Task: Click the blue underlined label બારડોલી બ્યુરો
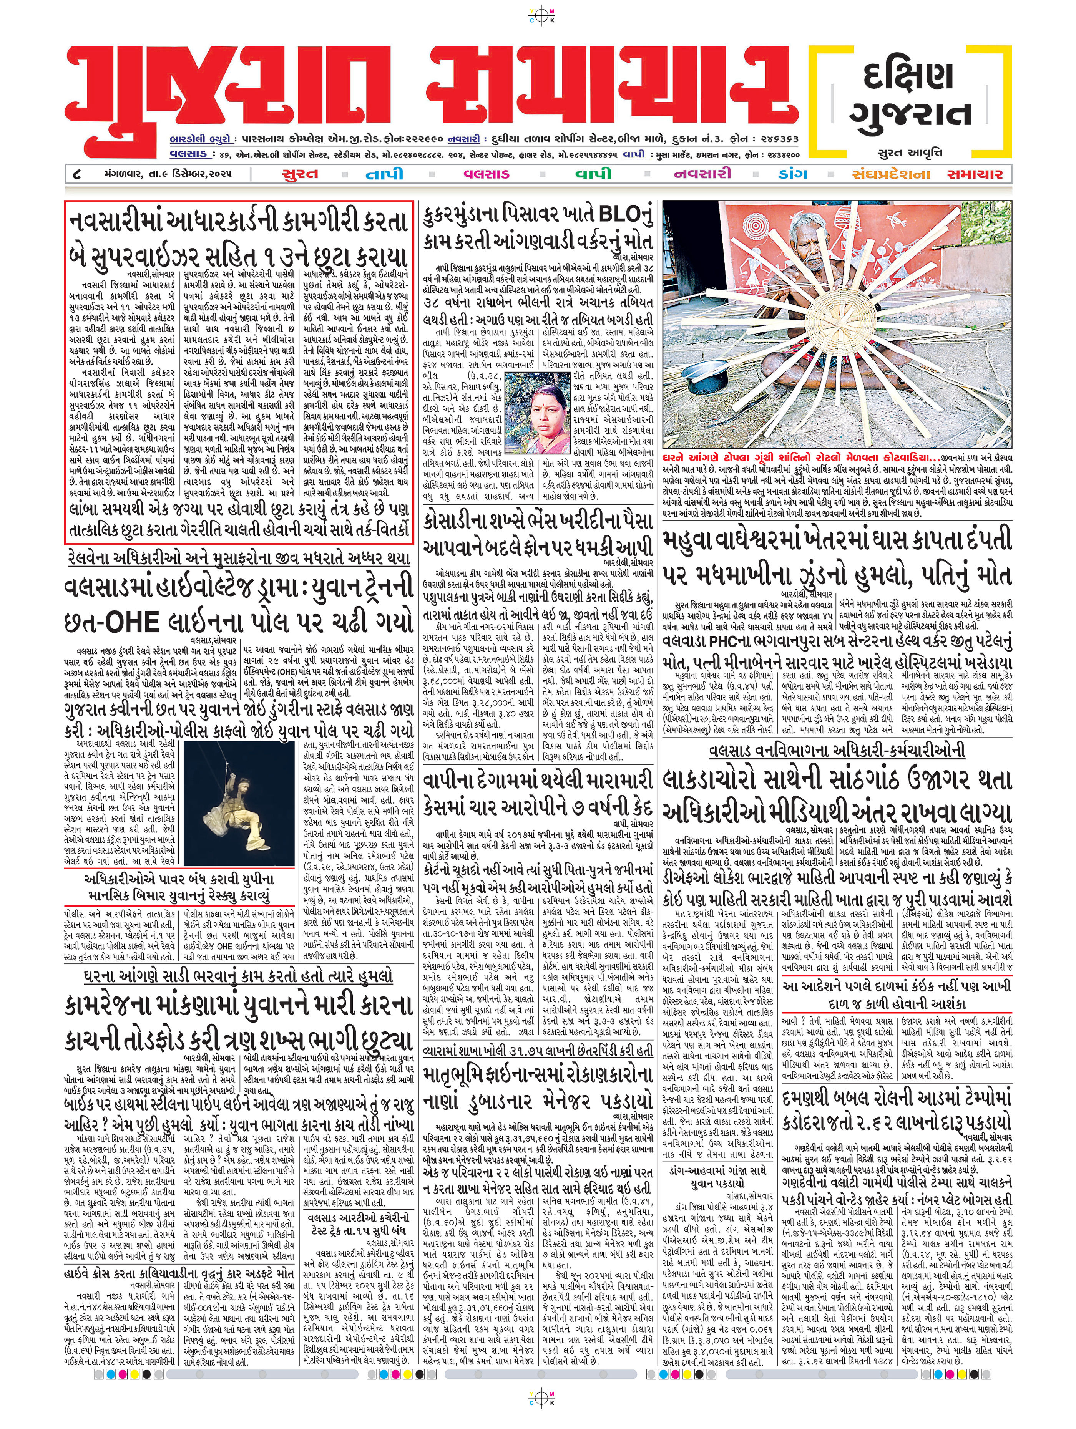(x=198, y=139)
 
